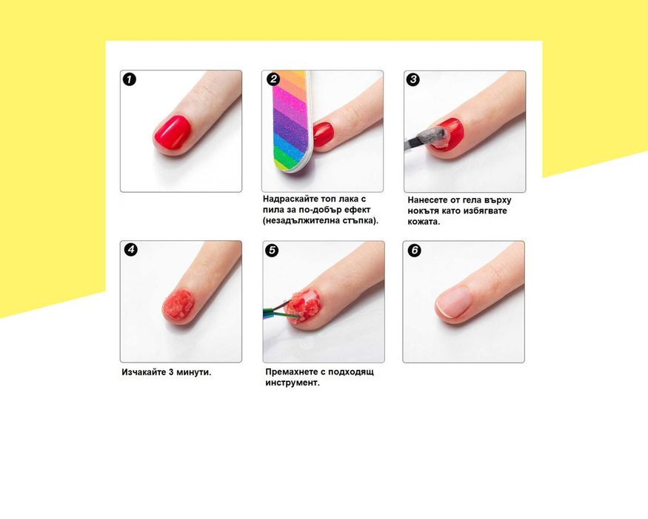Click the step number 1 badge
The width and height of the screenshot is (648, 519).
coord(130,79)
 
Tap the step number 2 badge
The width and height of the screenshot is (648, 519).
coord(273,79)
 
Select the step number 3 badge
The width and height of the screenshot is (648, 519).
coord(412,79)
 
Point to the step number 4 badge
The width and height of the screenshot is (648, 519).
coord(131,250)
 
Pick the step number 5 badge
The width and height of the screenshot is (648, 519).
coord(272,251)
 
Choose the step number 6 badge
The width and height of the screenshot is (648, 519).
coord(414,251)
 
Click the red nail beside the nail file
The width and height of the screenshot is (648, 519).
coord(323,133)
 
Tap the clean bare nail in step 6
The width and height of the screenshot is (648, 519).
coord(454,303)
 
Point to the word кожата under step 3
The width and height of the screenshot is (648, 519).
coord(424,222)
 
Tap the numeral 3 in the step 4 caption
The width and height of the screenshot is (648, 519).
coord(171,372)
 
